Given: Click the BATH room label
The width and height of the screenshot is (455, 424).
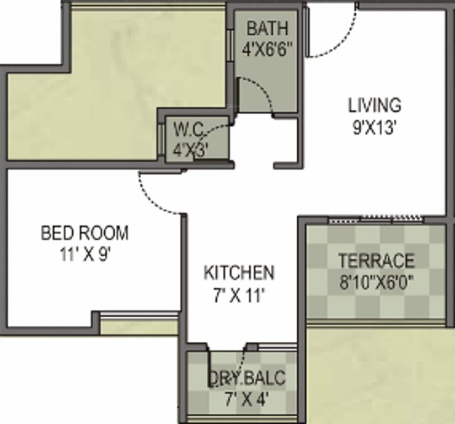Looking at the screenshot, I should click(267, 28).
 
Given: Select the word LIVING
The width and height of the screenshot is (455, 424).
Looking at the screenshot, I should click(374, 105).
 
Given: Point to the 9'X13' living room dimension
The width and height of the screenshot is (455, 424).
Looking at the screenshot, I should click(374, 128).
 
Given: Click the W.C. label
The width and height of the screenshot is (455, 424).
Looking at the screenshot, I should click(189, 130).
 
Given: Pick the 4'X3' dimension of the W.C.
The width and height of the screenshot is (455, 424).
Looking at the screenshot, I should click(190, 150).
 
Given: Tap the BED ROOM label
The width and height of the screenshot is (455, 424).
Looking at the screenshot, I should click(84, 233).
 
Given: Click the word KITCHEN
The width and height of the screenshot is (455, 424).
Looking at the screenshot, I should click(239, 273).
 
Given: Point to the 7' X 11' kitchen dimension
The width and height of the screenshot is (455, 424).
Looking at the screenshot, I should click(239, 296).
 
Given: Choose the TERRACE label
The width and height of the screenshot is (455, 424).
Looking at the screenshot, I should click(376, 260).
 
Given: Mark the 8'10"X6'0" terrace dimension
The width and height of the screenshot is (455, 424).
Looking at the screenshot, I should click(376, 283).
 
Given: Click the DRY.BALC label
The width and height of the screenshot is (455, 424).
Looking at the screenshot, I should click(247, 378).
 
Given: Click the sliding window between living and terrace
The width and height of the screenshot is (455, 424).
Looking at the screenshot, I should click(376, 219).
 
